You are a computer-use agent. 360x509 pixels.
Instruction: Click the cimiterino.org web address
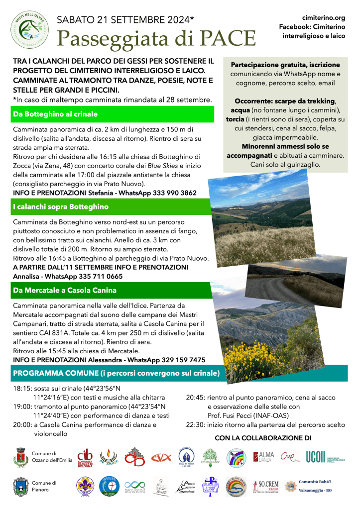tap(324, 17)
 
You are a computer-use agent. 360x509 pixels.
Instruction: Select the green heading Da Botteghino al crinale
tap(55, 114)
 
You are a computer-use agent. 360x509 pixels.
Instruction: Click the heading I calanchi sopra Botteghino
tap(61, 206)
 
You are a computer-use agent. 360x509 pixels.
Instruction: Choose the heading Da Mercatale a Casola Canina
tap(65, 290)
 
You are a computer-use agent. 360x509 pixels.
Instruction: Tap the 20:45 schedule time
tap(195, 398)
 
